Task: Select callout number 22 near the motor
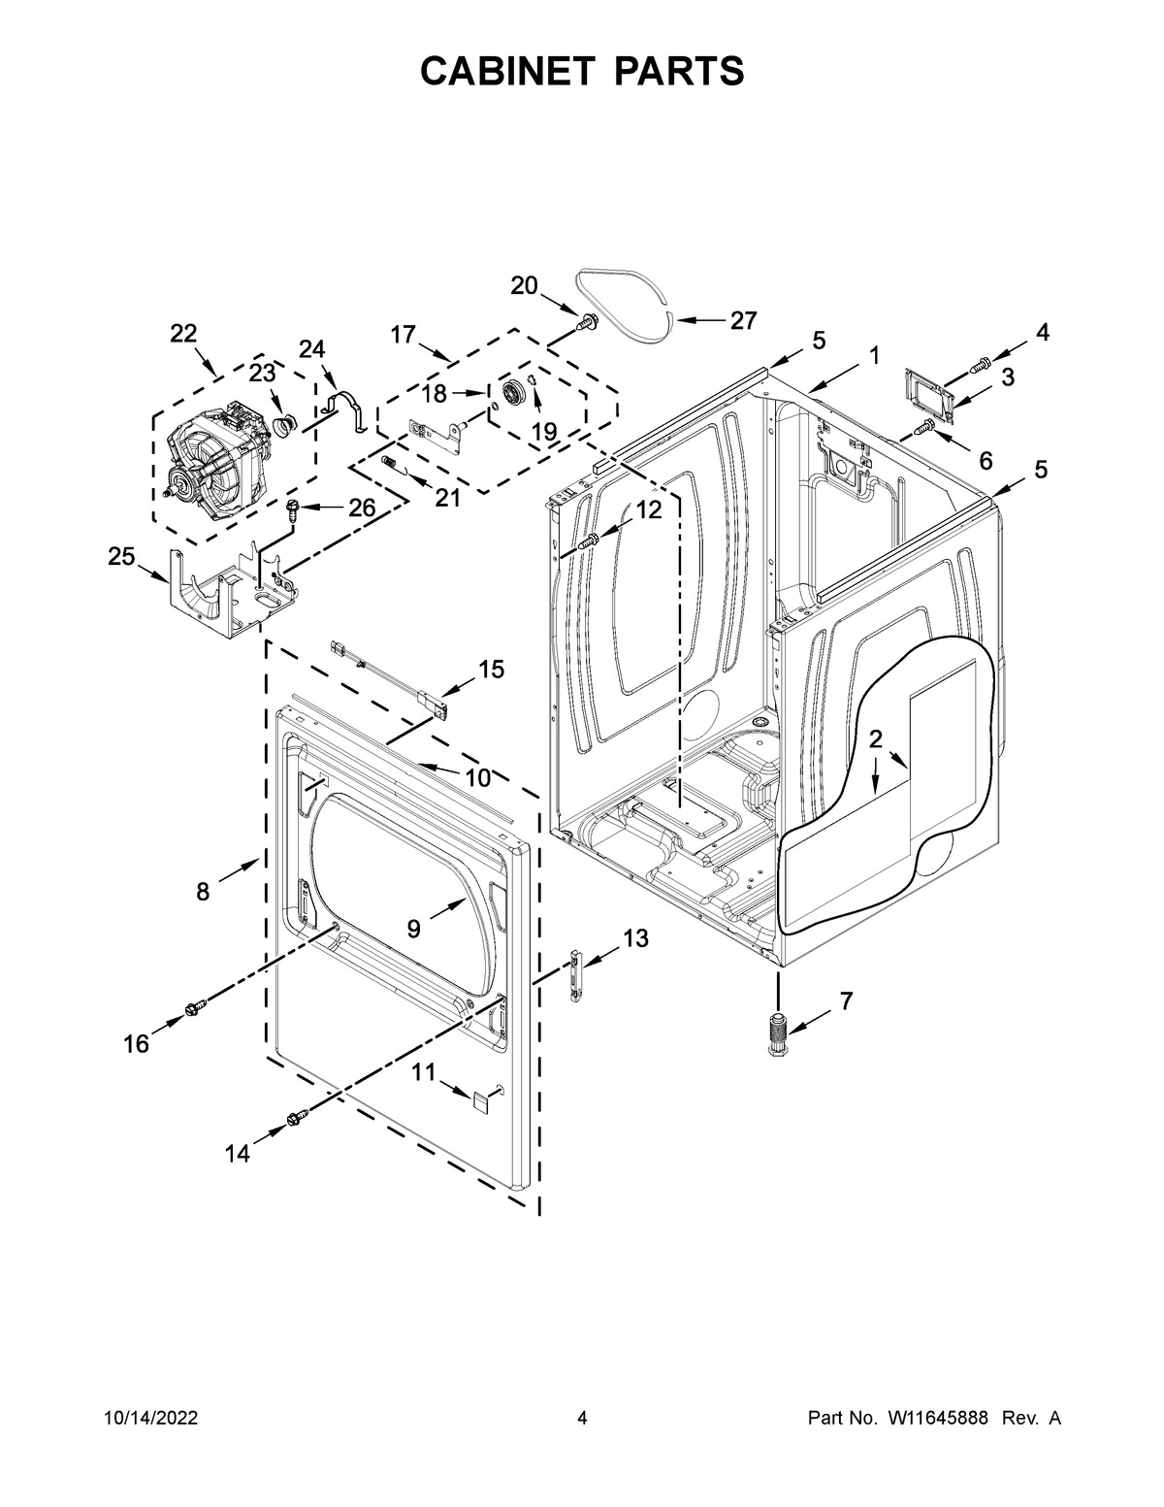(183, 334)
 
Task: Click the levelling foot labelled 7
(778, 1035)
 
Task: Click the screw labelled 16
(196, 1011)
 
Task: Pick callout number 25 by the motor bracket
(121, 556)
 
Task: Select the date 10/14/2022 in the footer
(150, 1419)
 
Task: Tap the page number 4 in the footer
(582, 1419)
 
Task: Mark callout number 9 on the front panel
(414, 929)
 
